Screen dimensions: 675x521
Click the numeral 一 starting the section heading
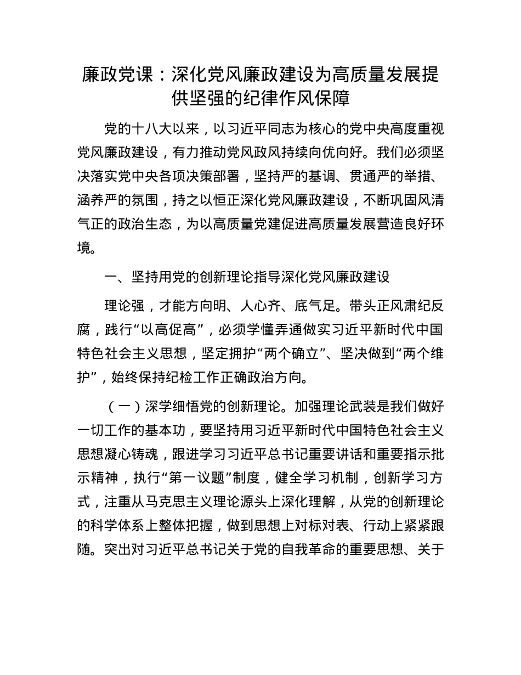coord(110,277)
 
